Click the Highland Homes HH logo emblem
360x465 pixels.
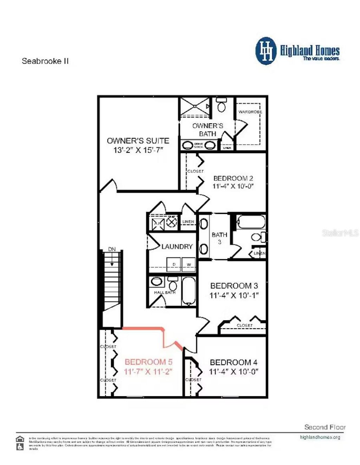[x=266, y=51]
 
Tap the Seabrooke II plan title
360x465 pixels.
[x=45, y=61]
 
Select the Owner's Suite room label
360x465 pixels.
[x=138, y=141]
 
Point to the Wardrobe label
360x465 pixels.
[x=250, y=112]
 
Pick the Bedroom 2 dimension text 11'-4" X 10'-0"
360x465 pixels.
[x=233, y=186]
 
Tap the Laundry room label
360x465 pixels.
[x=177, y=247]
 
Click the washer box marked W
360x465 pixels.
[x=188, y=264]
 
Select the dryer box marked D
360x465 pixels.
[x=174, y=264]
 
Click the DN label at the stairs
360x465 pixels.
[x=112, y=249]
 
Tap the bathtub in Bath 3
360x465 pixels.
[x=251, y=222]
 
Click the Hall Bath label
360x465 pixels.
[x=165, y=292]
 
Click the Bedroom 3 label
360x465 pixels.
[x=234, y=286]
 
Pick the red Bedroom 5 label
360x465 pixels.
[x=148, y=362]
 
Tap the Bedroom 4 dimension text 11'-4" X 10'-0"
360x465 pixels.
[x=234, y=371]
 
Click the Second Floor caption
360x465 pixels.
[x=325, y=427]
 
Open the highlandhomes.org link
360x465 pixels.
[x=320, y=437]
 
